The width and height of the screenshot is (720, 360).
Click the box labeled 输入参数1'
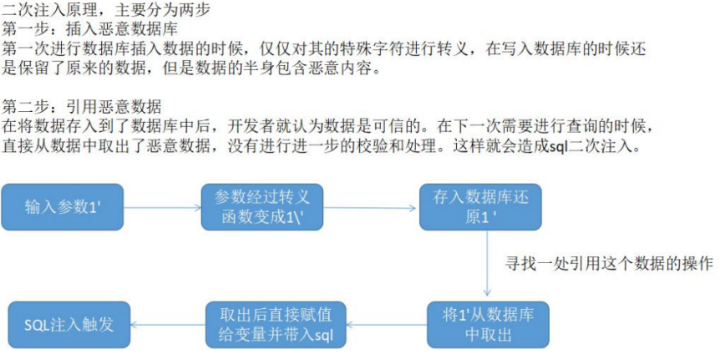click(x=63, y=207)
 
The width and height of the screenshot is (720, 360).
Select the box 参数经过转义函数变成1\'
click(x=262, y=207)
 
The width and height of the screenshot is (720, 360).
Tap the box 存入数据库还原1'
click(x=480, y=207)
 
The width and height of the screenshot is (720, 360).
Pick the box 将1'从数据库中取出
click(x=488, y=325)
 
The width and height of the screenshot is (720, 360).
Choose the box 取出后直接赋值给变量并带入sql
click(x=276, y=325)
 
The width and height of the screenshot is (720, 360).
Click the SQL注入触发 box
click(x=69, y=325)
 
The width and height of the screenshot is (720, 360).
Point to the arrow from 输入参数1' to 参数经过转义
click(x=163, y=207)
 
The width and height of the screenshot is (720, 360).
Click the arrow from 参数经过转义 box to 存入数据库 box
click(x=372, y=208)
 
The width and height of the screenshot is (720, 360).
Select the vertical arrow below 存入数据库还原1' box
click(x=487, y=263)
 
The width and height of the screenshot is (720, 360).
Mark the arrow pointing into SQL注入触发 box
click(x=168, y=325)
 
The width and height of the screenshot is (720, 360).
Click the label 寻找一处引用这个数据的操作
click(x=608, y=264)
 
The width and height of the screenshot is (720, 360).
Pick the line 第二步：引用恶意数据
click(x=82, y=109)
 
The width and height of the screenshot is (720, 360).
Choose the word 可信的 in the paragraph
click(x=431, y=128)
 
